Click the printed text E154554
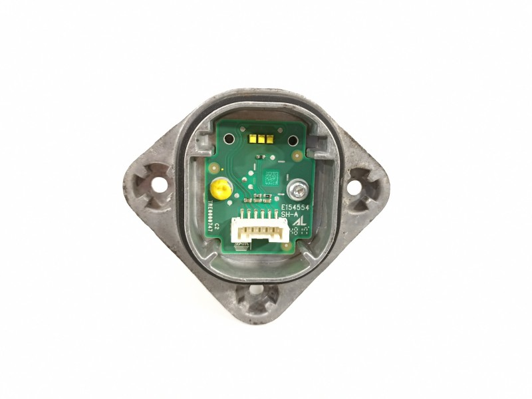point(295,207)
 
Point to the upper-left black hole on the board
point(228,140)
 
